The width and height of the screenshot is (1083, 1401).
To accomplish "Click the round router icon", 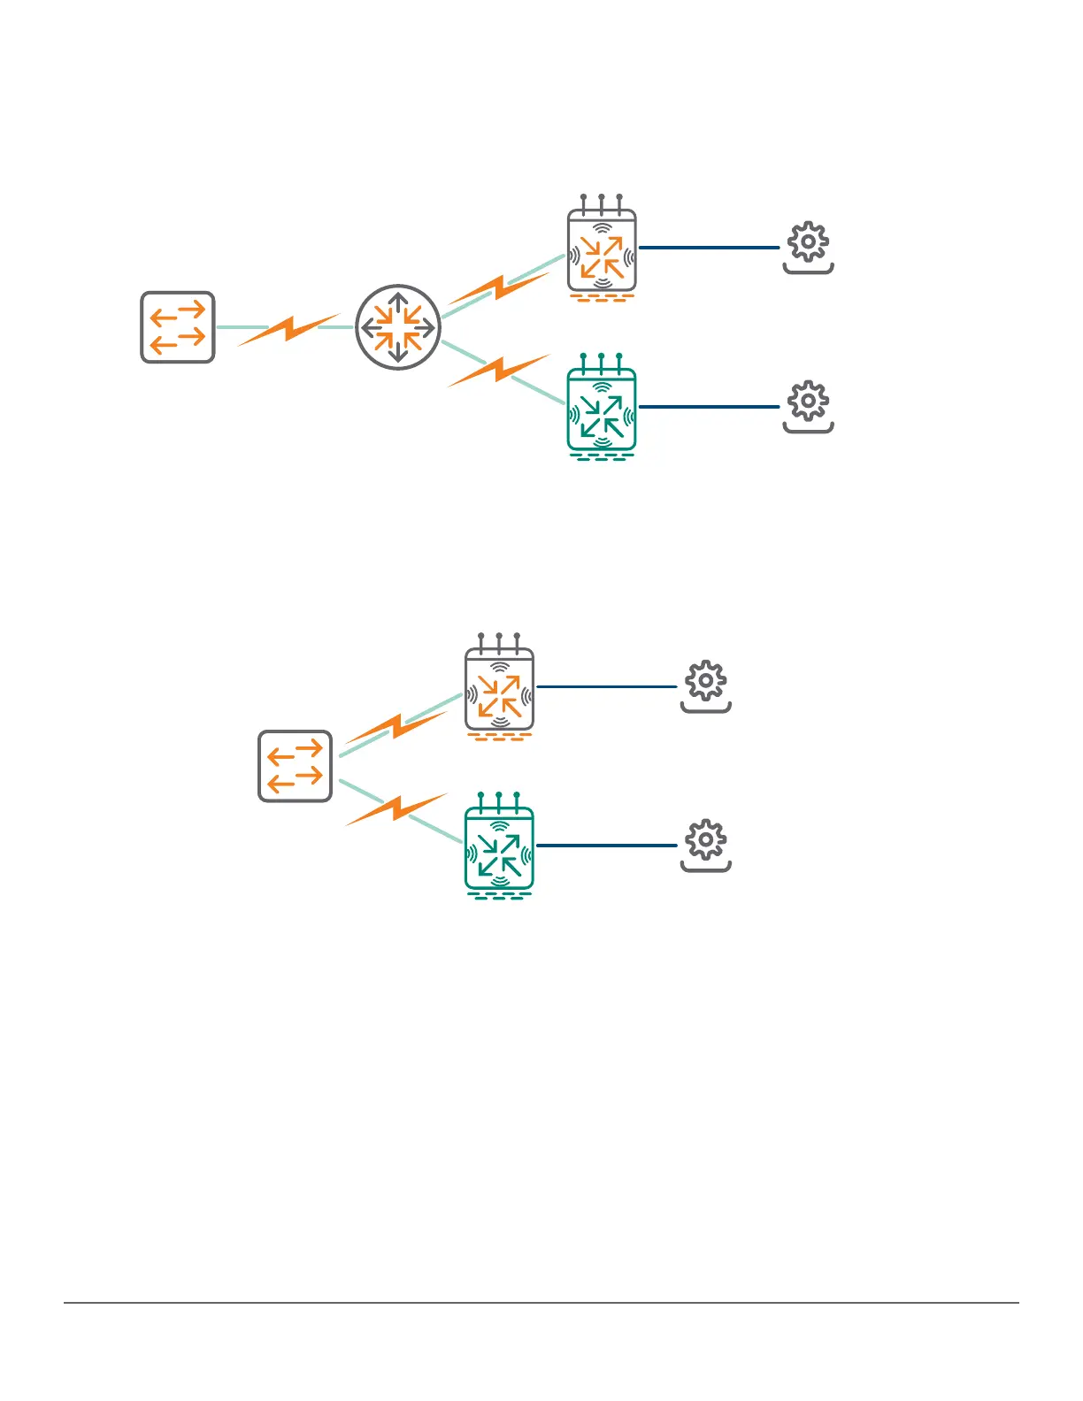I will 398,327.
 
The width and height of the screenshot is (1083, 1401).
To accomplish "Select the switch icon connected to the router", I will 178,327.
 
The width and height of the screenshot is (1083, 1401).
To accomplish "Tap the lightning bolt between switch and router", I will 288,329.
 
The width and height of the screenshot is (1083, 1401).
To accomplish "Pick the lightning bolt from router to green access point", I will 499,370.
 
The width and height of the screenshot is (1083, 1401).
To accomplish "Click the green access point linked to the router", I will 602,410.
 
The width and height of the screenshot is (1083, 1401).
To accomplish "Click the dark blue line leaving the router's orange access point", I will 709,248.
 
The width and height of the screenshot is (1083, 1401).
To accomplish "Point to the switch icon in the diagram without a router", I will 296,766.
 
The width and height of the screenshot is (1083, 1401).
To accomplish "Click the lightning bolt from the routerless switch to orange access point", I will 396,728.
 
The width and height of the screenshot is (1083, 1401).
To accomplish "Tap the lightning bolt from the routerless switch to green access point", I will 396,808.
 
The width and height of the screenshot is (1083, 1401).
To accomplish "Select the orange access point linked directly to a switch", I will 500,690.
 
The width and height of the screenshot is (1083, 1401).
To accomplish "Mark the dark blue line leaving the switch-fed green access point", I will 606,846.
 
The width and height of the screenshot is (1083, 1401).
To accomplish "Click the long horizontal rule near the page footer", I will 541,1302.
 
